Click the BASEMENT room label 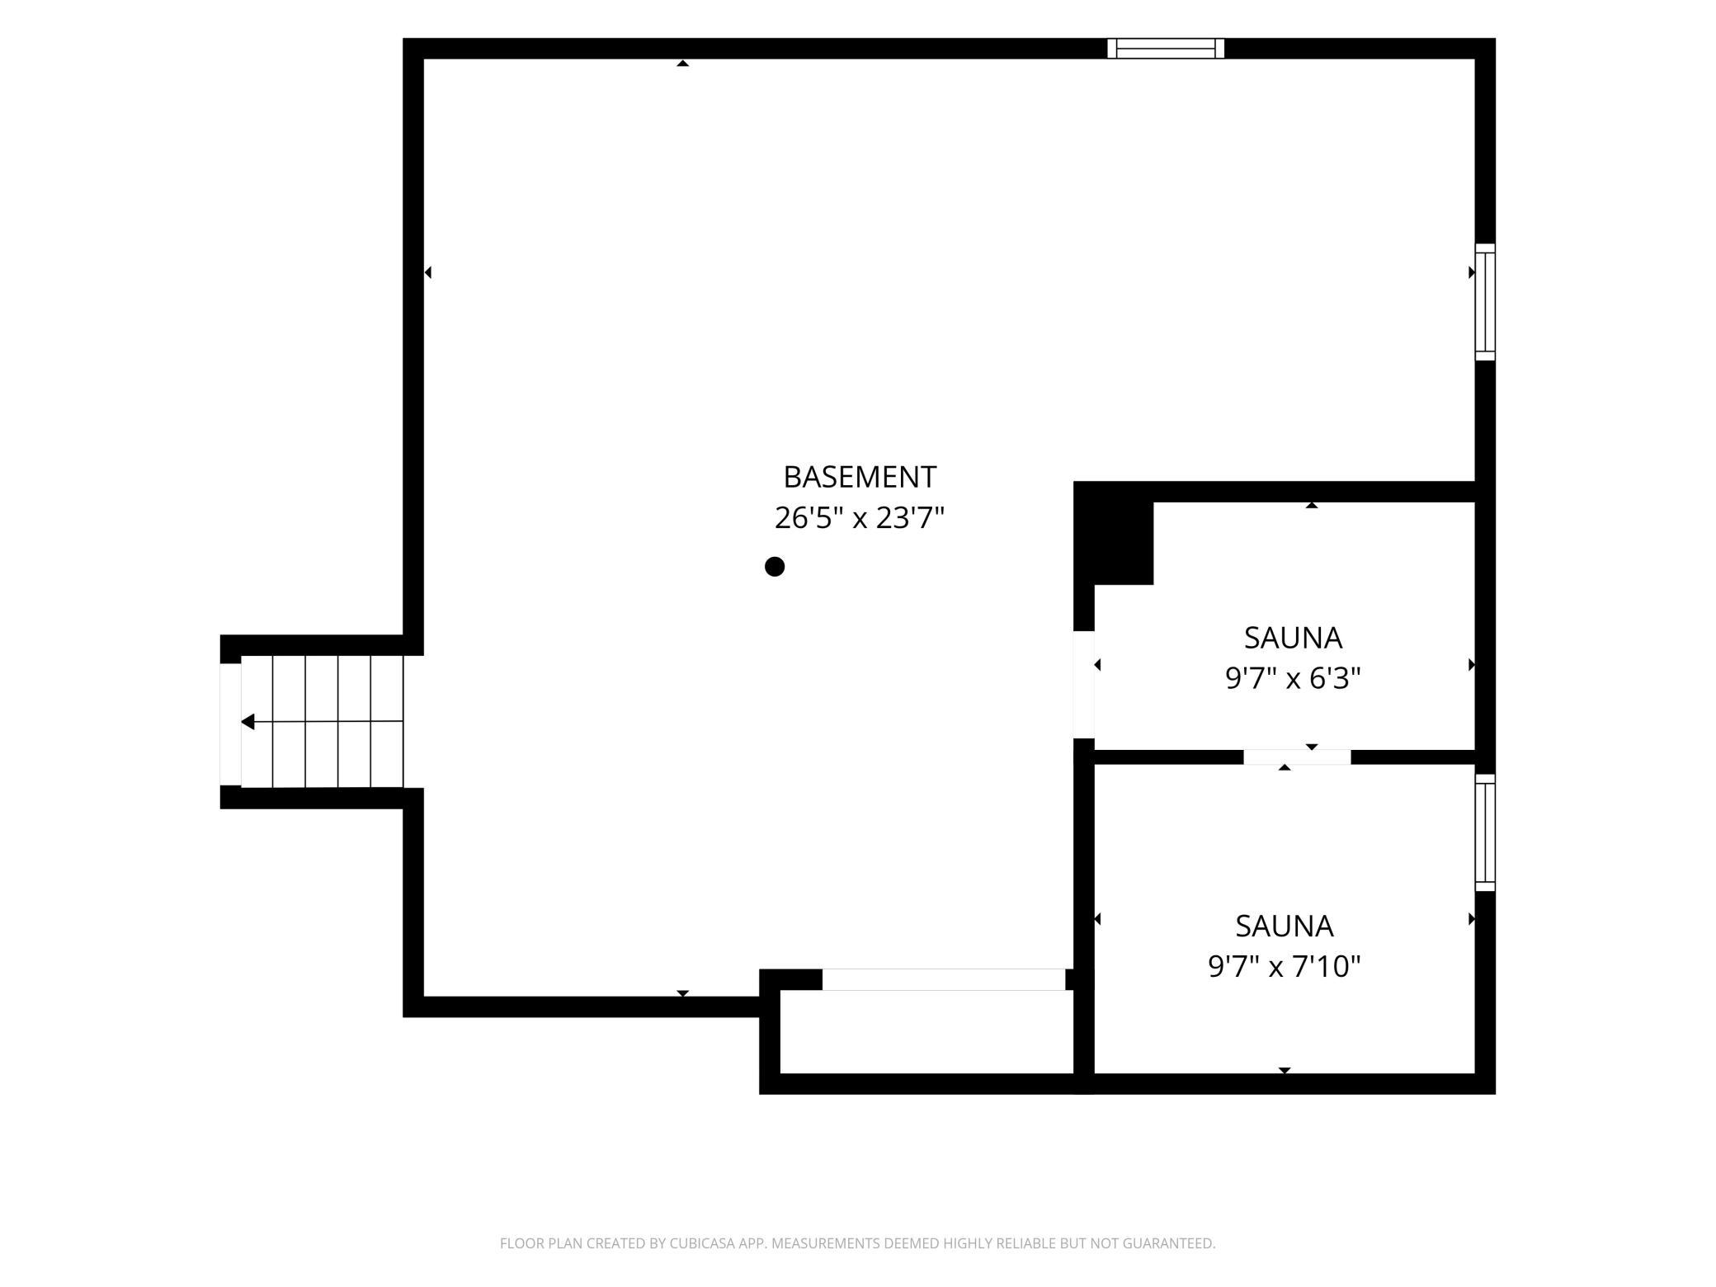[x=860, y=477]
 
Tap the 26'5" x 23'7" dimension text [x=860, y=518]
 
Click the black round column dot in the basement [x=774, y=567]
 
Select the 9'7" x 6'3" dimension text [x=1293, y=678]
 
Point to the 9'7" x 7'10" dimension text [x=1285, y=966]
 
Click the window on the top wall [x=1166, y=49]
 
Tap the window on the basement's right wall [x=1485, y=302]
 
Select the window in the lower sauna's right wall [x=1485, y=832]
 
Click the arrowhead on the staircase [x=247, y=723]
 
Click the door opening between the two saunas [x=1297, y=757]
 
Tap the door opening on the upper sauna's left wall [x=1084, y=684]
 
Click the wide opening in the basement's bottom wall [x=944, y=979]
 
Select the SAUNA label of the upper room [x=1293, y=638]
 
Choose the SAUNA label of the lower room [x=1285, y=926]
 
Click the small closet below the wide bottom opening [x=926, y=1031]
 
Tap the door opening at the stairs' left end [x=230, y=724]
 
